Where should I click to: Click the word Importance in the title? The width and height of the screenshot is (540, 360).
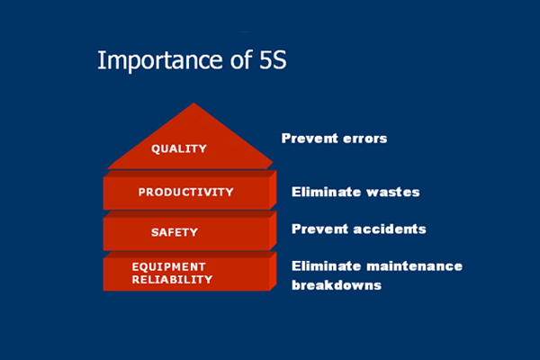tap(160, 60)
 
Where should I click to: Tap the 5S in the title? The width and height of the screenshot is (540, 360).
tap(273, 60)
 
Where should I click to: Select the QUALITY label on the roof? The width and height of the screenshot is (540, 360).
tap(179, 148)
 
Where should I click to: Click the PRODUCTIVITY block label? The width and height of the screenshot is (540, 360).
tap(186, 192)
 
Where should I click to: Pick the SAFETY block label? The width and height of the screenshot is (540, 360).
tap(175, 232)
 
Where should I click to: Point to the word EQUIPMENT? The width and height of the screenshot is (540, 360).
tap(169, 266)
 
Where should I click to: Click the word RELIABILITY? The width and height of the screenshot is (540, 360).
tap(172, 279)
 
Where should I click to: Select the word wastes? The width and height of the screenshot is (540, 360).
tap(393, 192)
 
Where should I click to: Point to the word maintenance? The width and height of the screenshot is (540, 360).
tap(415, 266)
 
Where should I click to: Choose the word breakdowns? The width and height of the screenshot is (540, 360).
tap(337, 285)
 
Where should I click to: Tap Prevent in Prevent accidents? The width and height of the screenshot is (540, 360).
tap(319, 229)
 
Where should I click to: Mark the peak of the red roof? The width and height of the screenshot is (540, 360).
tap(193, 103)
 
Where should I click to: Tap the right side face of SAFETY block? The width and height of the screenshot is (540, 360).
tap(273, 230)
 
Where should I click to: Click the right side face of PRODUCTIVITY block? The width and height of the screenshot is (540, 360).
tap(273, 190)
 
